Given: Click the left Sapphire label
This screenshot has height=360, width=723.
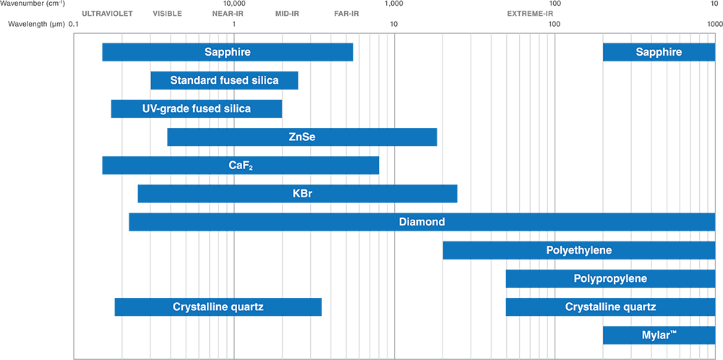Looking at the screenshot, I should pos(227,52).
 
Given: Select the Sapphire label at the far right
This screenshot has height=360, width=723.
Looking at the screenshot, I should pos(659,52).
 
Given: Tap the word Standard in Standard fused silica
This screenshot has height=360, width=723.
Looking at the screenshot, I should pos(192,80).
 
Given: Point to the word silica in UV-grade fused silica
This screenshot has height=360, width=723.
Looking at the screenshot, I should pos(236,108).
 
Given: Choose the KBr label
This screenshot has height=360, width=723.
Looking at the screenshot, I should pos(302,194).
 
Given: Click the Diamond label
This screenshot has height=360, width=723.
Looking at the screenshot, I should pos(422,222).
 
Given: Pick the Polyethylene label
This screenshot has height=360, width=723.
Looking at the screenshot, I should pos(579,250).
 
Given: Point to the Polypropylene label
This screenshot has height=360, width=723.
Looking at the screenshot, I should pos(610,278).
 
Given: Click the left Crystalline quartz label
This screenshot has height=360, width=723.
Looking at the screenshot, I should pos(218,307).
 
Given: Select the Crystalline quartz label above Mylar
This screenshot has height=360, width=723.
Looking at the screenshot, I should pos(610,307).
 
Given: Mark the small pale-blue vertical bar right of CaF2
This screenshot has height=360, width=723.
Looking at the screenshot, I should pos(381,166).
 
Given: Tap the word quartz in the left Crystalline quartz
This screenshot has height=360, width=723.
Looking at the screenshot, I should pos(247,307).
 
